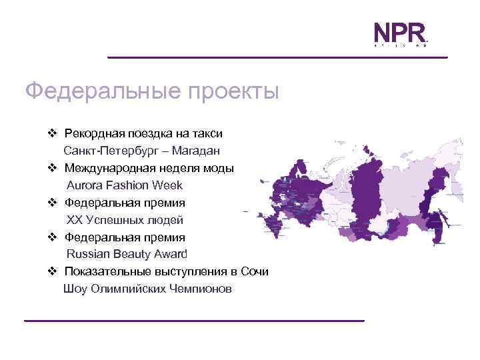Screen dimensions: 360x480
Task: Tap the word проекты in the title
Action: click(x=231, y=91)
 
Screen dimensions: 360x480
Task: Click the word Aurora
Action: click(x=85, y=185)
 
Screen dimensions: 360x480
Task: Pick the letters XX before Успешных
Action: click(x=74, y=219)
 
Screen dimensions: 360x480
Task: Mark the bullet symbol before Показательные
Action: click(x=53, y=271)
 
